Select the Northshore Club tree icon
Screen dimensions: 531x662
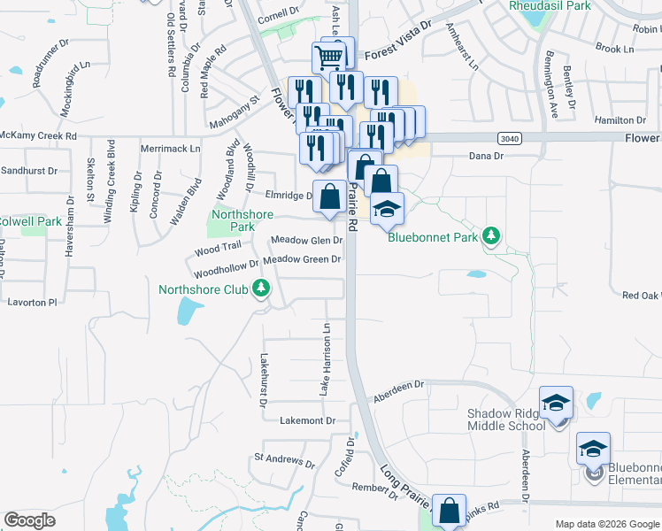(260, 289)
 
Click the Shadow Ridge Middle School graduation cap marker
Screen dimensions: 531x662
(556, 404)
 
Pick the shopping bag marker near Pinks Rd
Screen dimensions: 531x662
(450, 511)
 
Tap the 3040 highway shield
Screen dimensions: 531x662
(509, 138)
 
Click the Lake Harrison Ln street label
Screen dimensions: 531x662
(326, 359)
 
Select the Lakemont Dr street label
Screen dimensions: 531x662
(307, 421)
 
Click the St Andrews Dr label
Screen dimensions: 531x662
(284, 460)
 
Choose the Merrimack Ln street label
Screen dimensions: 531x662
(169, 150)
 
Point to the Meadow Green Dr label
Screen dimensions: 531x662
(302, 259)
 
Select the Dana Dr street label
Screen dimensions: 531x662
(485, 156)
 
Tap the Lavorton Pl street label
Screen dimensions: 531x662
(32, 302)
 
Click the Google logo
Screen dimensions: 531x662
(30, 519)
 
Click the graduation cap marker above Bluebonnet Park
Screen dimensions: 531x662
(387, 210)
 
